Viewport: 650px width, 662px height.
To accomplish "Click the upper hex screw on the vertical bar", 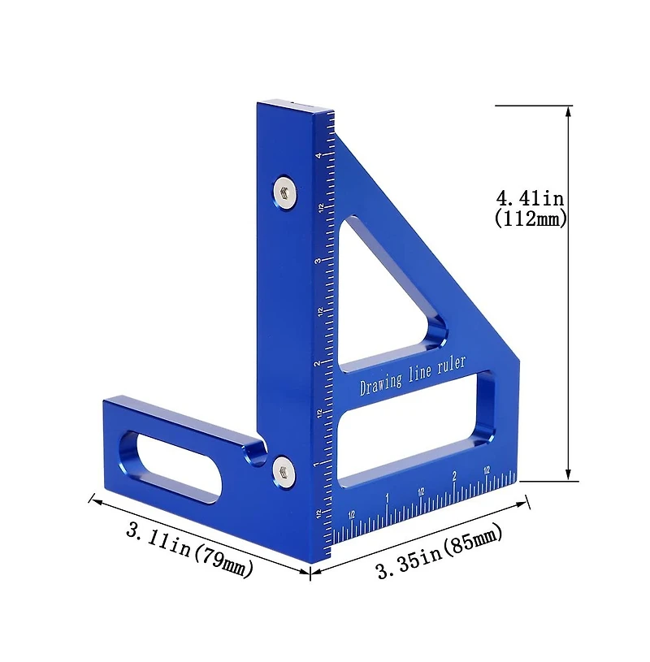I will pos(284,192).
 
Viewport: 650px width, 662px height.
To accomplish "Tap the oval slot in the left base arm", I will pos(169,465).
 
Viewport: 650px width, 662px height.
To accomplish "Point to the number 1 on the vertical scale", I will pos(317,465).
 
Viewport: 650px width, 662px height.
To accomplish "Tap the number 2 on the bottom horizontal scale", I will pos(453,476).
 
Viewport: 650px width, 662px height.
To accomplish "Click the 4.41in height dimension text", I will pos(531,197).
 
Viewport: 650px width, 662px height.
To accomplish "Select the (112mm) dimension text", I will pos(531,219).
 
